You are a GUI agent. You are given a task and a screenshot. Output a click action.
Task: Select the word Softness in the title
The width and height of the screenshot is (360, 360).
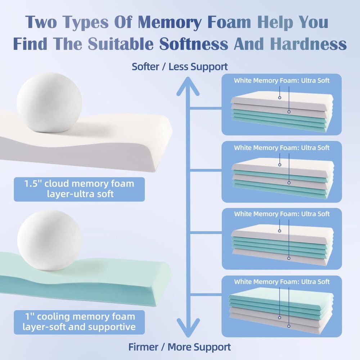click(x=194, y=44)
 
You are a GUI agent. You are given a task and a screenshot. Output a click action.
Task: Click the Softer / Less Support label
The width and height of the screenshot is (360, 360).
click(x=180, y=67)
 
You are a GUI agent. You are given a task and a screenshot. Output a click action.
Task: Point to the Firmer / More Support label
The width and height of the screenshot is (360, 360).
click(x=180, y=347)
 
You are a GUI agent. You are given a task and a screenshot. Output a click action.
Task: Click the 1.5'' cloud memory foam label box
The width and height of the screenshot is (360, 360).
click(x=79, y=189)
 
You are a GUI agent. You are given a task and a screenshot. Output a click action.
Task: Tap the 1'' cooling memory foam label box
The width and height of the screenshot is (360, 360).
click(x=79, y=322)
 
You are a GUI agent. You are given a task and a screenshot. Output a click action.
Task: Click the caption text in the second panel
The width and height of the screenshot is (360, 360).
click(x=282, y=148)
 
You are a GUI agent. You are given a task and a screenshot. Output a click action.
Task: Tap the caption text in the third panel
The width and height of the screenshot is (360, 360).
click(x=282, y=214)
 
